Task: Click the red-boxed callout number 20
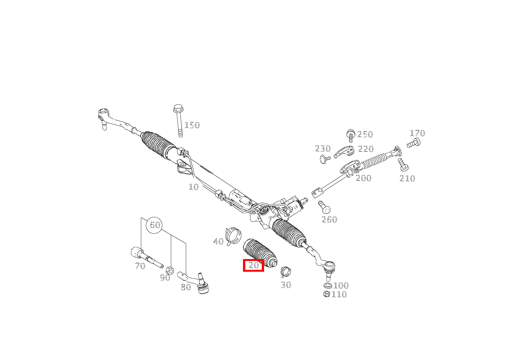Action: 254,265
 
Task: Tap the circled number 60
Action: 155,225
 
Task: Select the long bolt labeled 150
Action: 178,121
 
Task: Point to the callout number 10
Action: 193,187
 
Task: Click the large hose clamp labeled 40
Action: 233,236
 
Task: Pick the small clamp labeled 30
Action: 286,272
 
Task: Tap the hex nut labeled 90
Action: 170,270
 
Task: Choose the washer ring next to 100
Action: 327,286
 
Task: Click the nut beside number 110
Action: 327,294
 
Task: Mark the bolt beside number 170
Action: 413,143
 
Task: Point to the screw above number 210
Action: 403,165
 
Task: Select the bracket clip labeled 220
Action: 344,152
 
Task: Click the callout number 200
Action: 364,178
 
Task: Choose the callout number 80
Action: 186,287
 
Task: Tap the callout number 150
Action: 192,125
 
